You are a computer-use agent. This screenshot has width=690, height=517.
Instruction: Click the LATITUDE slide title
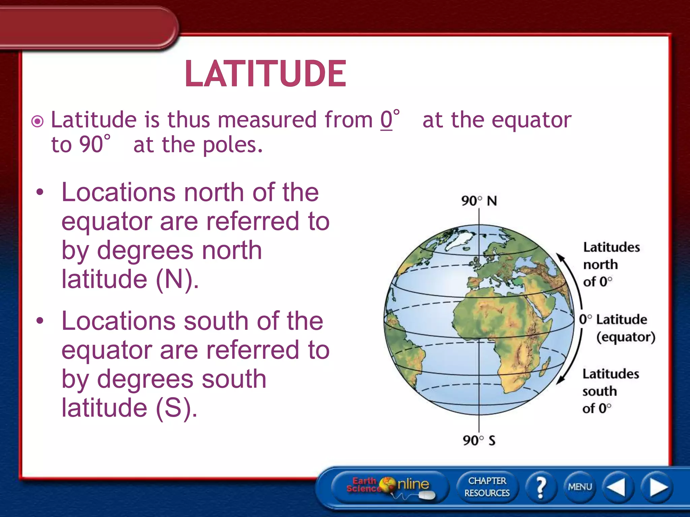point(265,74)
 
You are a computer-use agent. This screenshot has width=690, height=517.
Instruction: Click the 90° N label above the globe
point(479,201)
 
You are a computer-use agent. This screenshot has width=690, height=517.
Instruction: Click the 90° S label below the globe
point(479,440)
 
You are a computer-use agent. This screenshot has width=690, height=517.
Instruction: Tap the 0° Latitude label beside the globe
point(613,319)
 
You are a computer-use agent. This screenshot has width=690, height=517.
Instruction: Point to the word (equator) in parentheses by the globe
point(626,337)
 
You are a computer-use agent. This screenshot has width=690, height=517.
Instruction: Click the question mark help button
point(541,487)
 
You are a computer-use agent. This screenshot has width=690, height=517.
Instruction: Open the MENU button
point(580,487)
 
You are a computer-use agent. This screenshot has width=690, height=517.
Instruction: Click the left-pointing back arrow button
point(617,487)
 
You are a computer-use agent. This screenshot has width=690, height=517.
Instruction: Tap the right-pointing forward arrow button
point(657,487)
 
